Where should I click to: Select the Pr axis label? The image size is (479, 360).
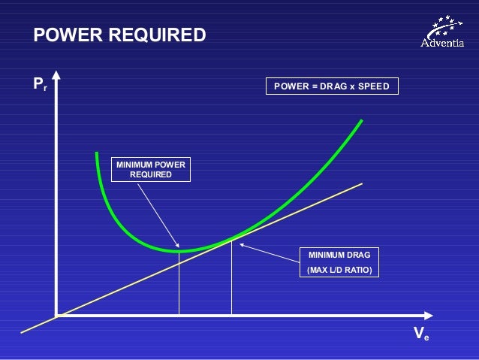tap(39, 84)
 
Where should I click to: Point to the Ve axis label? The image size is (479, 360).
tap(421, 334)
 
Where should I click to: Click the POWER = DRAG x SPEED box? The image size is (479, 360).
tap(331, 86)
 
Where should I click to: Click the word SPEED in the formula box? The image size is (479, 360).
tap(372, 86)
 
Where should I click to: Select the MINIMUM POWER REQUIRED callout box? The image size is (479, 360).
tap(150, 169)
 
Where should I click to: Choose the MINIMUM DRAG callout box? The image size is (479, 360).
tap(339, 262)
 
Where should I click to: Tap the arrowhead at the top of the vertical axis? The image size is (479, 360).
tap(56, 77)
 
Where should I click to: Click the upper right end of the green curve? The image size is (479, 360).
tap(363, 120)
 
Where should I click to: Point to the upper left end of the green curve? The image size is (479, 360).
tap(96, 153)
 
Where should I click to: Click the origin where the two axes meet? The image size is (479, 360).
tap(56, 316)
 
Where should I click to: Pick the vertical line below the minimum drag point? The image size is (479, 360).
tap(231, 278)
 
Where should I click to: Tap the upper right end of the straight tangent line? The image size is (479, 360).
tap(362, 183)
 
